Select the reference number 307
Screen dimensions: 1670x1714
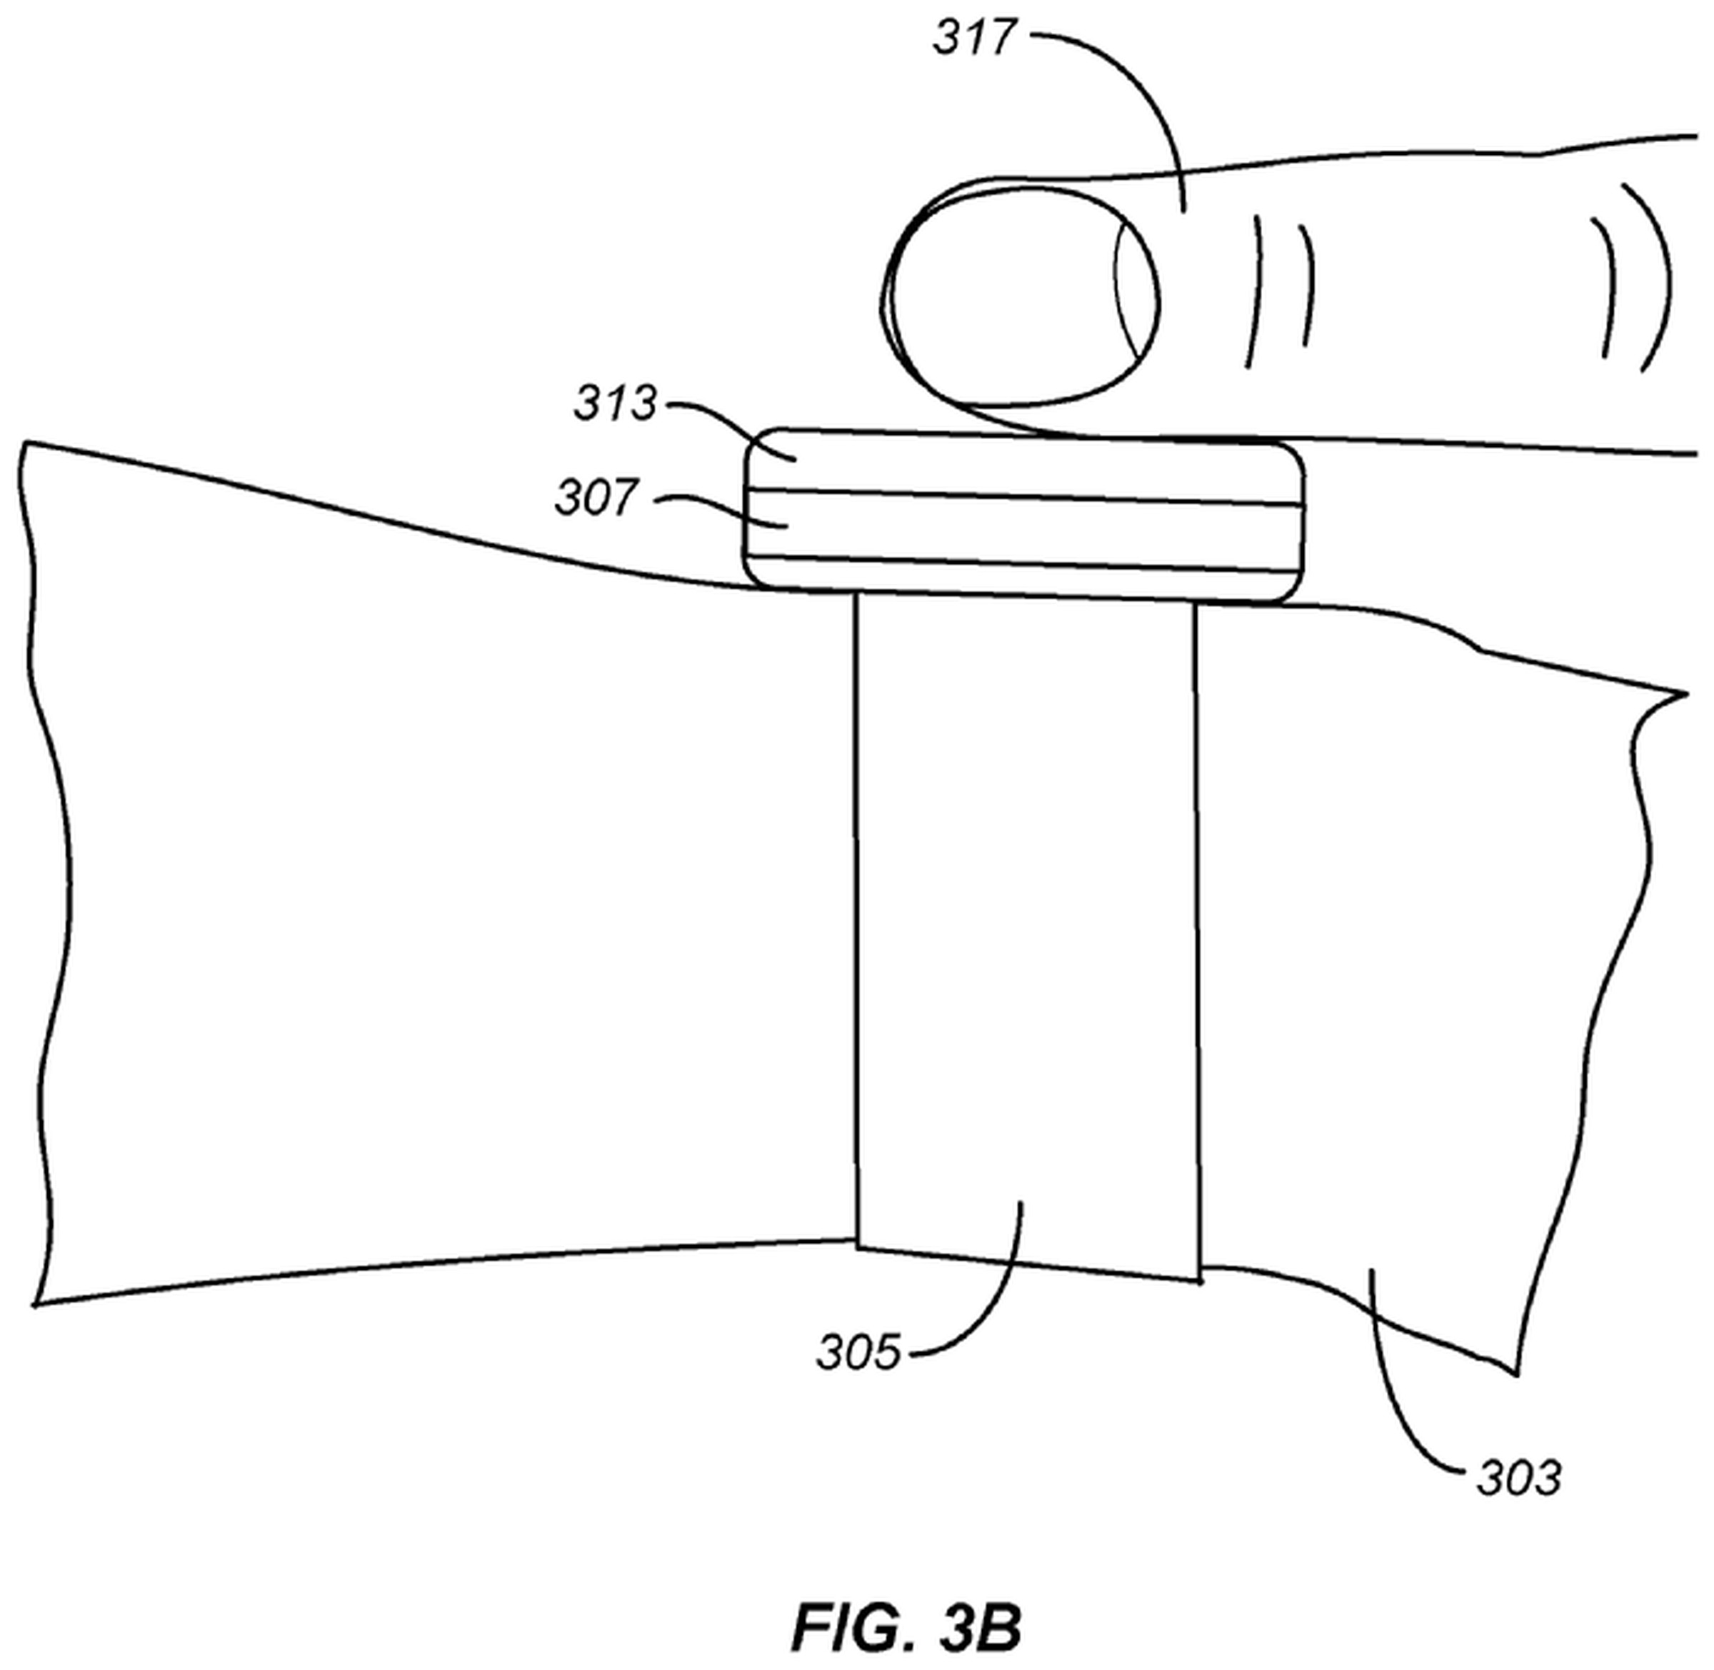click(596, 498)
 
